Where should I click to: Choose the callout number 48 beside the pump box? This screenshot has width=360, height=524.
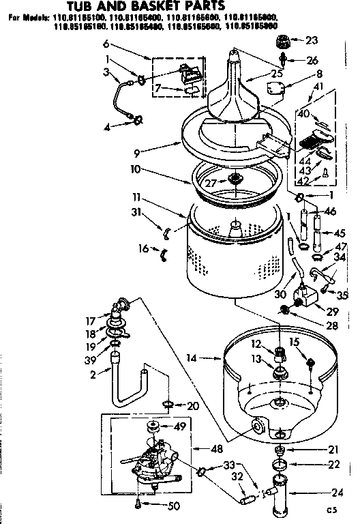pos(215,449)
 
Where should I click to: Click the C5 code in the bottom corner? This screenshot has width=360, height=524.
pos(332,510)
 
